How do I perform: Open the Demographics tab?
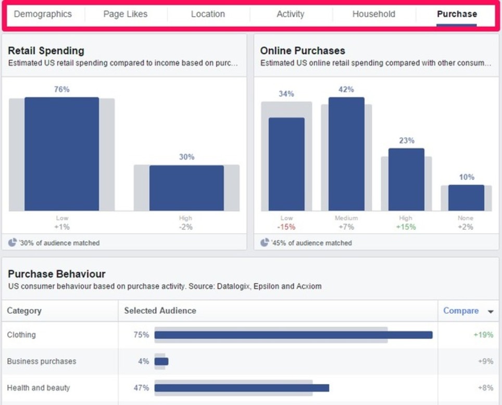pyautogui.click(x=43, y=14)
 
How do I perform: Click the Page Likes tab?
pyautogui.click(x=125, y=14)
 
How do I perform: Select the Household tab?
pyautogui.click(x=373, y=14)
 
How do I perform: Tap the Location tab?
pyautogui.click(x=208, y=14)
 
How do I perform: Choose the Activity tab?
pyautogui.click(x=290, y=14)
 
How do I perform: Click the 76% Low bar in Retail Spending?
pyautogui.click(x=61, y=154)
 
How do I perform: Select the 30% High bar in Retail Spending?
pyautogui.click(x=186, y=188)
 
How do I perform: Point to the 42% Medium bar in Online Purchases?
pyautogui.click(x=346, y=154)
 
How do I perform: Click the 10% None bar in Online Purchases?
pyautogui.click(x=466, y=198)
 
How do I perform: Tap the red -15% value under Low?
pyautogui.click(x=286, y=227)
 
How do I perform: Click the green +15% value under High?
pyautogui.click(x=406, y=227)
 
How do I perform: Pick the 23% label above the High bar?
pyautogui.click(x=407, y=141)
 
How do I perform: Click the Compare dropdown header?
pyautogui.click(x=467, y=311)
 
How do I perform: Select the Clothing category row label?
pyautogui.click(x=21, y=335)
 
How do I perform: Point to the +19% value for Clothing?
pyautogui.click(x=483, y=335)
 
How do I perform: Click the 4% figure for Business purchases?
pyautogui.click(x=143, y=361)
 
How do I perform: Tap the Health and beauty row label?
pyautogui.click(x=38, y=388)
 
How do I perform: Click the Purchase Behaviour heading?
pyautogui.click(x=57, y=274)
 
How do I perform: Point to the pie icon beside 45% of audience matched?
pyautogui.click(x=265, y=242)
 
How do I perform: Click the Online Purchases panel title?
pyautogui.click(x=302, y=51)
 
